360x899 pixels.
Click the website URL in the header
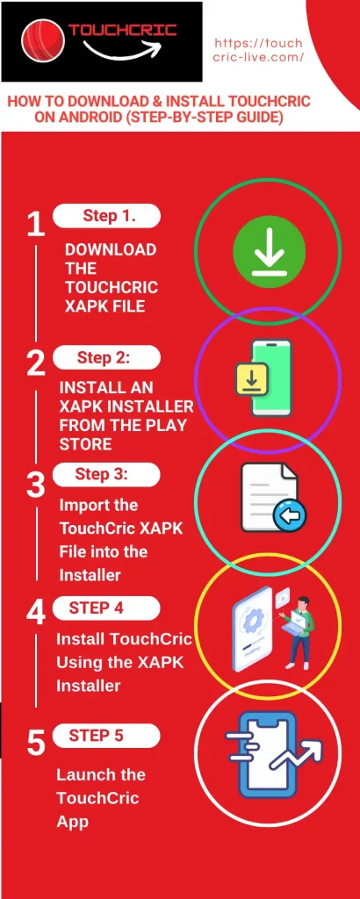[258, 50]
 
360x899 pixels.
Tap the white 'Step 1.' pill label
[106, 215]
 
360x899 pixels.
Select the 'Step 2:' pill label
[106, 357]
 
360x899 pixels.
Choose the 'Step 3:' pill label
[106, 474]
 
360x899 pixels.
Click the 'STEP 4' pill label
[106, 608]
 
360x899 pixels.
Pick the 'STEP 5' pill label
[106, 736]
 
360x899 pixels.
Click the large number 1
[35, 225]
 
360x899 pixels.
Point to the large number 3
[35, 485]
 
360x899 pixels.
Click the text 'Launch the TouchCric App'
[100, 797]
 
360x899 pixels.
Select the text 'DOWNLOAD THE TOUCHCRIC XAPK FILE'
[110, 277]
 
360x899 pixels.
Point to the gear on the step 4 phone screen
[253, 622]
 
